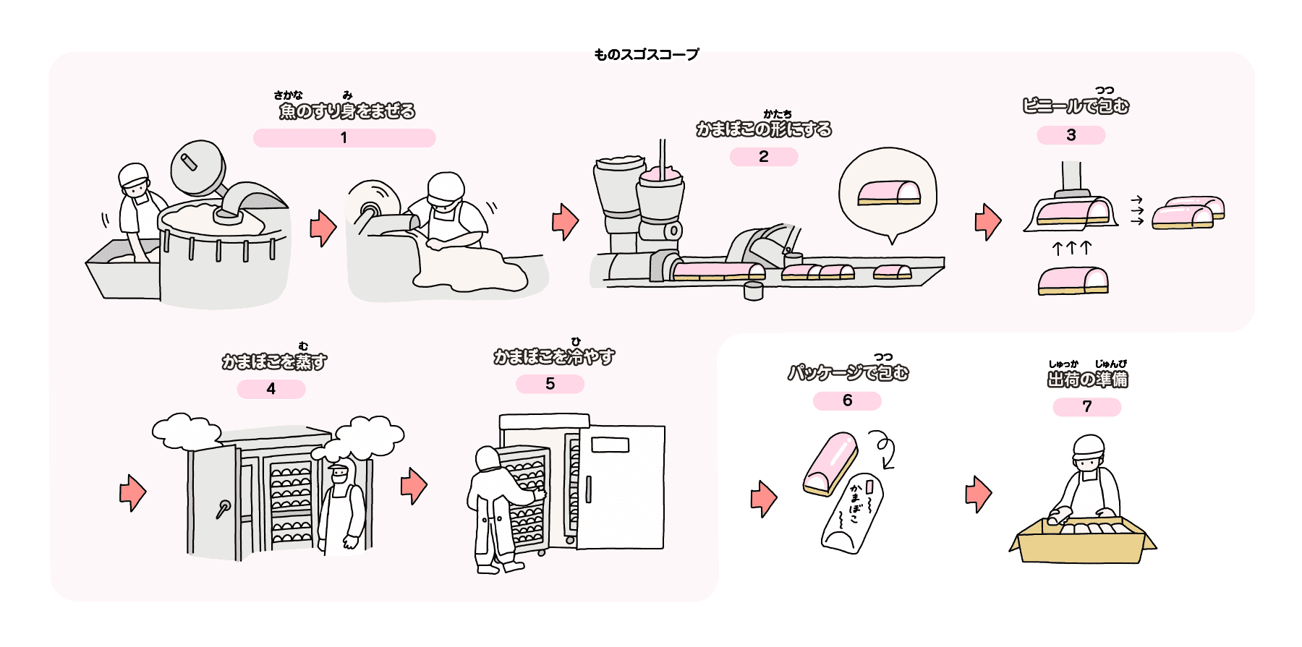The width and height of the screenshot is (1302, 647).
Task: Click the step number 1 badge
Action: coord(344,138)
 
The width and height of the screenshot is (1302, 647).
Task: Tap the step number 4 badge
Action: coord(271,389)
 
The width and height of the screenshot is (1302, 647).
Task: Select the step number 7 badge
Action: coord(1087,407)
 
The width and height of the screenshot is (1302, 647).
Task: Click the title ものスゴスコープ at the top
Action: coord(647,54)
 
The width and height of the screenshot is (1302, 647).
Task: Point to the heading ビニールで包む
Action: coord(1076,106)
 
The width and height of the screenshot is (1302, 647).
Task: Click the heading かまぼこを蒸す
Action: coord(274,361)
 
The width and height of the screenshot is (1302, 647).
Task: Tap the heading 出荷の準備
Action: coord(1088,379)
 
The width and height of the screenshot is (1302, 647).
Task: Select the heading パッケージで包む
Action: coord(848,372)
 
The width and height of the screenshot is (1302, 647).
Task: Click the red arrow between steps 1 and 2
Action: coord(323,228)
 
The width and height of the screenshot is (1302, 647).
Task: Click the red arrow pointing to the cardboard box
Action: coord(979,494)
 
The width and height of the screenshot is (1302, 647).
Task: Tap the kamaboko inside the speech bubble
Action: coord(889,192)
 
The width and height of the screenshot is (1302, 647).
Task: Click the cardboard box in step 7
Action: coord(1082,539)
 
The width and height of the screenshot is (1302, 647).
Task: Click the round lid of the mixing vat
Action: coord(197,168)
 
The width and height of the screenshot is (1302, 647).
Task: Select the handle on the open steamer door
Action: coord(223,509)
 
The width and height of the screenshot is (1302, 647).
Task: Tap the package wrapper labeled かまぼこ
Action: coord(853,514)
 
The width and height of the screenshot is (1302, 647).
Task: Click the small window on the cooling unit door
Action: coord(610,445)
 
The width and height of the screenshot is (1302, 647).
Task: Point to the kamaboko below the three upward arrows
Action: coord(1073,280)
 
